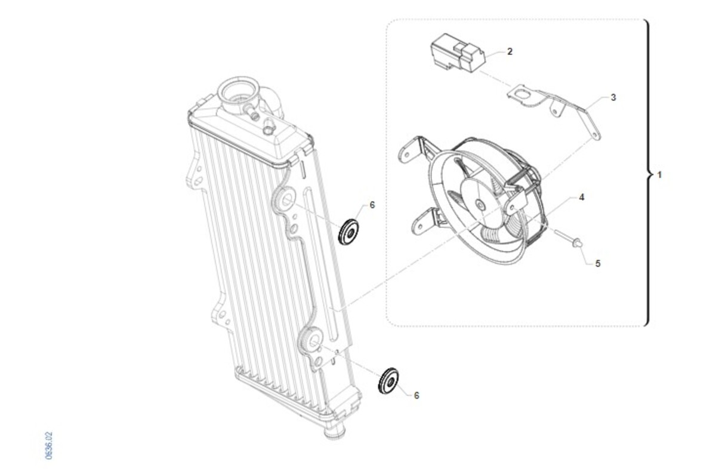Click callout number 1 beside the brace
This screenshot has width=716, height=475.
click(659, 175)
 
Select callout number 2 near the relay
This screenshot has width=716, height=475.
click(510, 51)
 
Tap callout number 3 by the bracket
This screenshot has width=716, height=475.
click(613, 97)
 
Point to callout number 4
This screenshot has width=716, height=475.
click(582, 198)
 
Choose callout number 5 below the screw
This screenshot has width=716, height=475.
click(598, 264)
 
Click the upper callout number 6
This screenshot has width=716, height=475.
click(372, 205)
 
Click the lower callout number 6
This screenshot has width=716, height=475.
click(416, 396)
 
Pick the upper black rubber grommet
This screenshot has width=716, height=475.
click(348, 232)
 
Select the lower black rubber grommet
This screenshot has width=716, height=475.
click(388, 381)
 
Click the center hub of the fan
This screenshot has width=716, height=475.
click(479, 205)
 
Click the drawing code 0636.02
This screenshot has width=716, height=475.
click(48, 446)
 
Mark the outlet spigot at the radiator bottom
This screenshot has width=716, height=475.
click(334, 431)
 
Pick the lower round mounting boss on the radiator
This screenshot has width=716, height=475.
click(311, 343)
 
